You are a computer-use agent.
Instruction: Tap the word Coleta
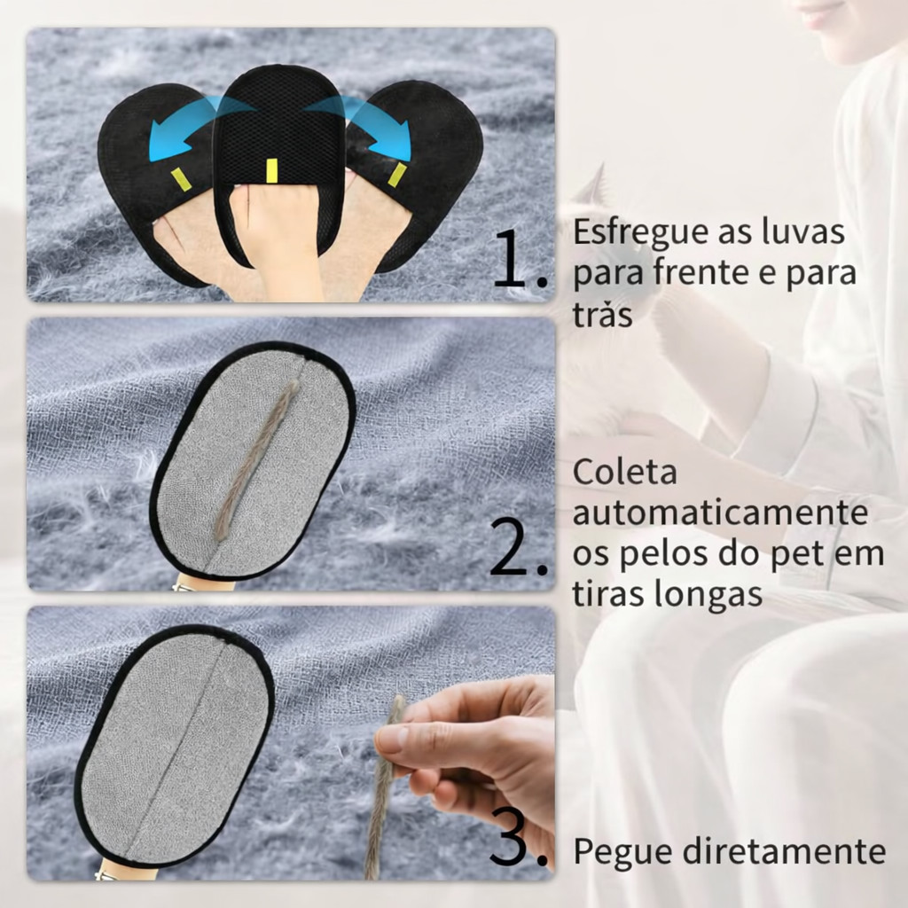[625, 472]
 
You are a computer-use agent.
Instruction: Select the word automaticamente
[721, 512]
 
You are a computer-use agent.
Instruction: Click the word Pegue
[622, 852]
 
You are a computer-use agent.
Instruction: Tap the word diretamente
[784, 851]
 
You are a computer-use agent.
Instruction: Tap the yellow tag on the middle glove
[270, 171]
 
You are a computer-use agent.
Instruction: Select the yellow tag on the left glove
[180, 179]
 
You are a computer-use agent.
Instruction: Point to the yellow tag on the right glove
[397, 175]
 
